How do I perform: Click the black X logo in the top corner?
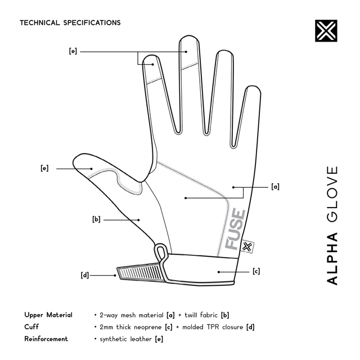click(326, 31)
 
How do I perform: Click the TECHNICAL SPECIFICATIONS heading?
click(70, 22)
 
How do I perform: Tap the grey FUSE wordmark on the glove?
click(235, 229)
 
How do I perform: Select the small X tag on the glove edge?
click(247, 246)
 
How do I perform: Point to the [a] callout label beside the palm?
click(275, 186)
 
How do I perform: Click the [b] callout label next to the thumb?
click(96, 219)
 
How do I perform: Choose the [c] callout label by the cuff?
click(256, 271)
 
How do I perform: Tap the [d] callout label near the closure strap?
click(85, 275)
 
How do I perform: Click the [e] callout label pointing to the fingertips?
click(73, 51)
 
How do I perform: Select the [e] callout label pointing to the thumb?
click(44, 168)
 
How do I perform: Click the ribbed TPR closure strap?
click(140, 272)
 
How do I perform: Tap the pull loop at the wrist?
click(161, 252)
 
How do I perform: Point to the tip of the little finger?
click(253, 87)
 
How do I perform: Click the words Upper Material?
click(48, 315)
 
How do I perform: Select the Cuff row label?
click(31, 327)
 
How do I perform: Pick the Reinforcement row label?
click(46, 339)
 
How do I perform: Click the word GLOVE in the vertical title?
click(332, 194)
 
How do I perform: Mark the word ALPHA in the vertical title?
click(332, 259)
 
